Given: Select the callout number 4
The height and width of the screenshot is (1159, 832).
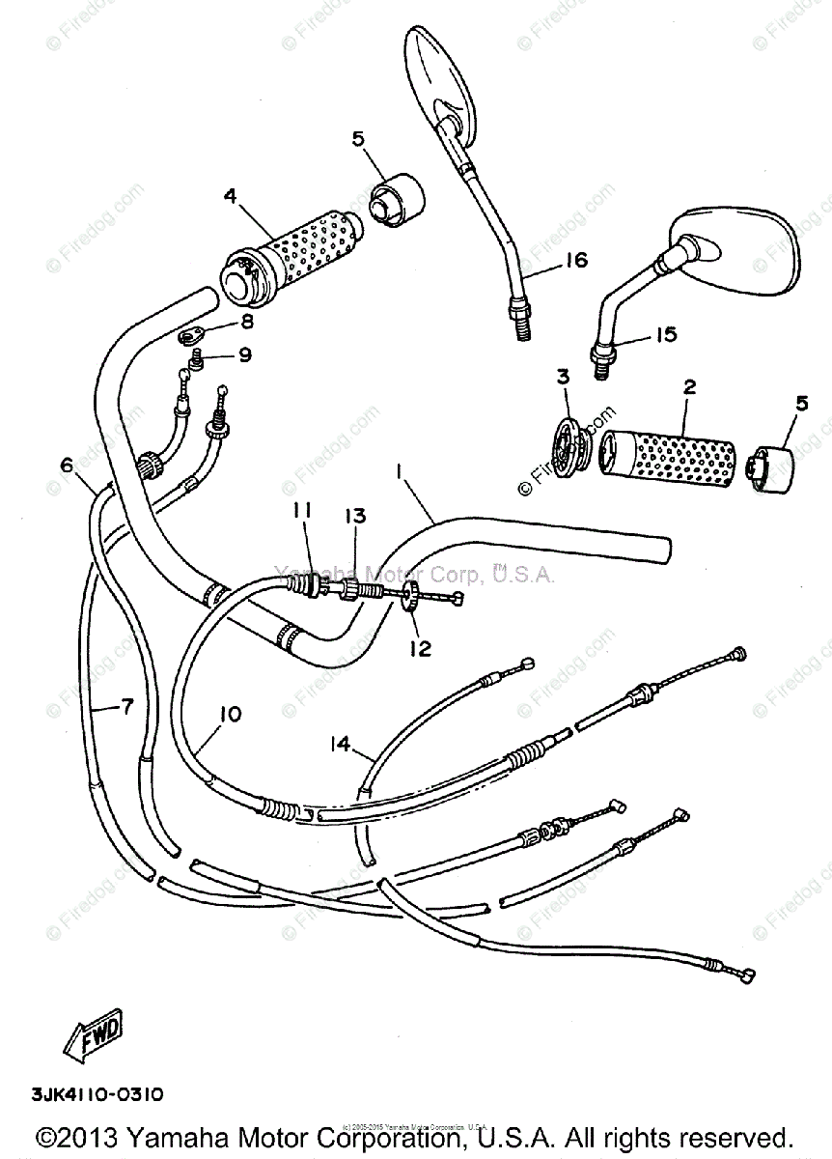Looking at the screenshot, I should [230, 196].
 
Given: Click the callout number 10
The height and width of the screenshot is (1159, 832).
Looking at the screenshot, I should [231, 714].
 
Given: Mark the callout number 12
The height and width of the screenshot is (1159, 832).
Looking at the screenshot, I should [419, 648].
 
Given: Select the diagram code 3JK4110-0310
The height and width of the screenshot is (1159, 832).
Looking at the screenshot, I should [97, 1094].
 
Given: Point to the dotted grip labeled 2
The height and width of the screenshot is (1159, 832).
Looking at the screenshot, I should [666, 453].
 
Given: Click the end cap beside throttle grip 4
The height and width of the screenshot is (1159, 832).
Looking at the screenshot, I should [396, 201].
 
